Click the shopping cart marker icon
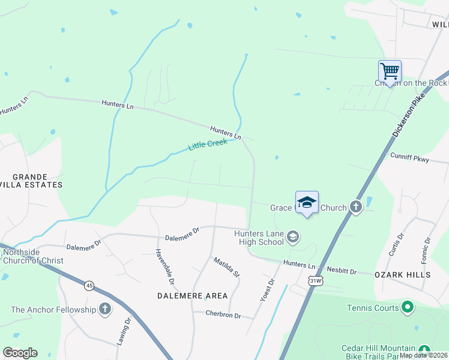390,71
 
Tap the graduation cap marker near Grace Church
307,202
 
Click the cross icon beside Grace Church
356,208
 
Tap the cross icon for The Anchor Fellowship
105,310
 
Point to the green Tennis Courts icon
408,308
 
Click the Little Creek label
208,145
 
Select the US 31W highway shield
314,280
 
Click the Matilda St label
227,266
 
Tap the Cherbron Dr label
223,315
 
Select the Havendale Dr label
165,266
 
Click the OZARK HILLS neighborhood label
402,275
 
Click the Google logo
20,352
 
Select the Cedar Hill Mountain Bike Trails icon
424,349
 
